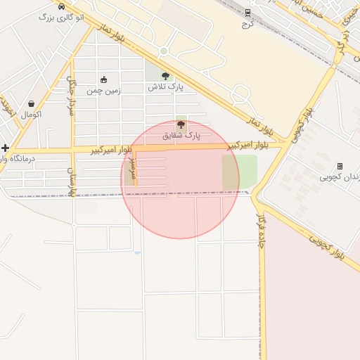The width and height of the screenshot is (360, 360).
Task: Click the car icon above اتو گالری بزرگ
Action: click(x=63, y=6)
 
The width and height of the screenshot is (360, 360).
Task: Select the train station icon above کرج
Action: click(x=247, y=12)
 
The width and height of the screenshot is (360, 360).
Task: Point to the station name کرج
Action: click(x=247, y=23)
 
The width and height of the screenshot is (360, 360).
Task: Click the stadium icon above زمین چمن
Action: click(x=104, y=79)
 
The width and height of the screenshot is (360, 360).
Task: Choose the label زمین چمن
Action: click(x=104, y=90)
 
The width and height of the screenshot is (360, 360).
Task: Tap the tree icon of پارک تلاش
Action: click(x=165, y=77)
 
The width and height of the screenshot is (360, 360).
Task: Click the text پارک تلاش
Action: click(x=165, y=87)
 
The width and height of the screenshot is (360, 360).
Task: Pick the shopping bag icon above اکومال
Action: click(x=30, y=103)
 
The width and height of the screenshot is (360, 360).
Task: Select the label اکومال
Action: click(x=31, y=114)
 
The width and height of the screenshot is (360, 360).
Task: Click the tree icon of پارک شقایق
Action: click(x=181, y=124)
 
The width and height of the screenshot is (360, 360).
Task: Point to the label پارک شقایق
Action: click(x=181, y=134)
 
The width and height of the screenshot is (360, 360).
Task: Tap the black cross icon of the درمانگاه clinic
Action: click(x=6, y=148)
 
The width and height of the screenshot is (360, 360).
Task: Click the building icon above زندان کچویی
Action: click(x=340, y=166)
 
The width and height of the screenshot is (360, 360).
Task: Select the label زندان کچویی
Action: click(x=340, y=176)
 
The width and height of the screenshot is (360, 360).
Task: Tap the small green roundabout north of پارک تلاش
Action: click(x=164, y=51)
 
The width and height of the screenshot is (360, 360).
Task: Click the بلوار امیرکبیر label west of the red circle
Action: click(x=112, y=149)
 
